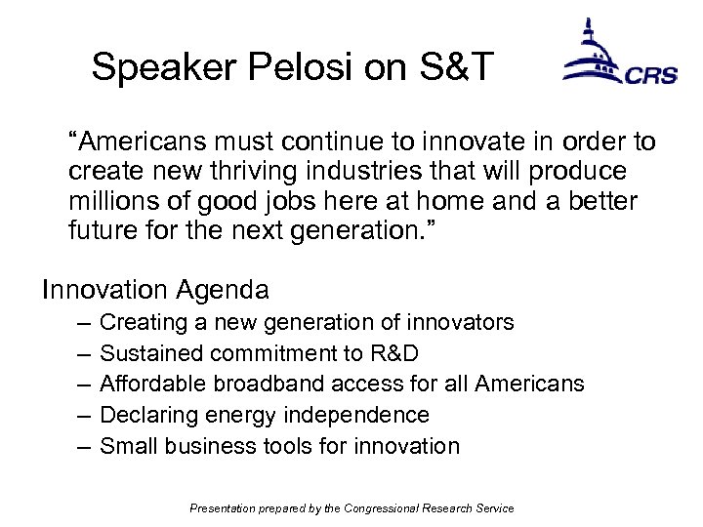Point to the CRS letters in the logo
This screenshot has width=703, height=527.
[x=650, y=75]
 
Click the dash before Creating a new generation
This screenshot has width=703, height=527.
[x=79, y=322]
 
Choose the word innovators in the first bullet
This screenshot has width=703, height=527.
[x=464, y=322]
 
